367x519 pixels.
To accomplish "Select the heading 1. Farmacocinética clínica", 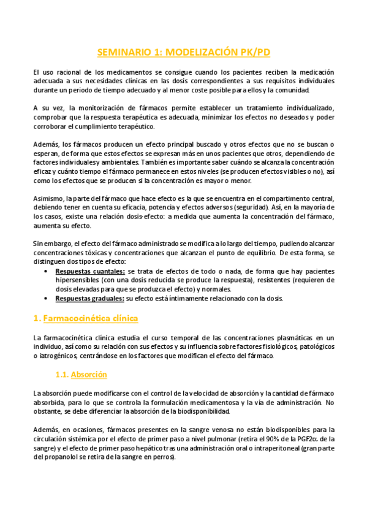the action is [x=86, y=318].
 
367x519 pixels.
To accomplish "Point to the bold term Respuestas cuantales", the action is [x=89, y=271].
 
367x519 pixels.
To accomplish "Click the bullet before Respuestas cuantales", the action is [x=49, y=271].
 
